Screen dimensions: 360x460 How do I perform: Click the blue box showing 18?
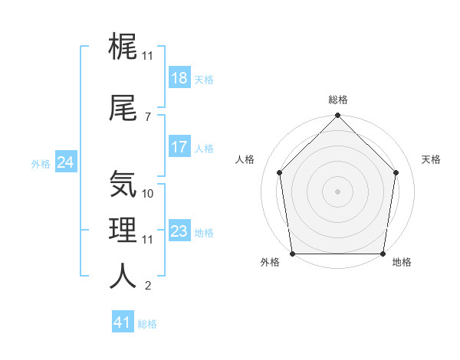[179, 79]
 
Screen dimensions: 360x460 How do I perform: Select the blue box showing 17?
[179, 148]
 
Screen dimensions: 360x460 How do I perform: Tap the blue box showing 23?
[179, 232]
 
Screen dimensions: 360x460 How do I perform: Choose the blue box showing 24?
[66, 162]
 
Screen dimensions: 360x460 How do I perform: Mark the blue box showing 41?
[123, 323]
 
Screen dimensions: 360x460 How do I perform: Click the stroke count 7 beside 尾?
[147, 116]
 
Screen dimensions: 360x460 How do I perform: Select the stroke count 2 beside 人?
[147, 286]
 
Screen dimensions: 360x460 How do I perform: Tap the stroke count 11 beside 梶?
[148, 56]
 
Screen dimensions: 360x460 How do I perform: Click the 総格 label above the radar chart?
[338, 100]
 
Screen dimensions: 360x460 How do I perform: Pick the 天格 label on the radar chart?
[431, 159]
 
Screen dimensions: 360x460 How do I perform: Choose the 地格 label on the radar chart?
[402, 262]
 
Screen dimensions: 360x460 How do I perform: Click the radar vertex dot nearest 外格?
[292, 254]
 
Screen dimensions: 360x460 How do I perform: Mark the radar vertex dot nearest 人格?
[279, 172]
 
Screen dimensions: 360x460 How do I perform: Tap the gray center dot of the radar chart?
[337, 191]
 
